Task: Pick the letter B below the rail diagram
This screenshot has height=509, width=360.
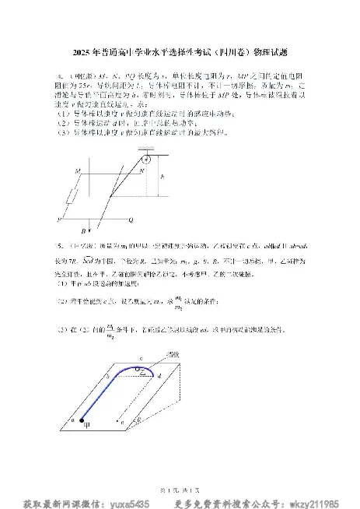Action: pyautogui.click(x=82, y=231)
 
